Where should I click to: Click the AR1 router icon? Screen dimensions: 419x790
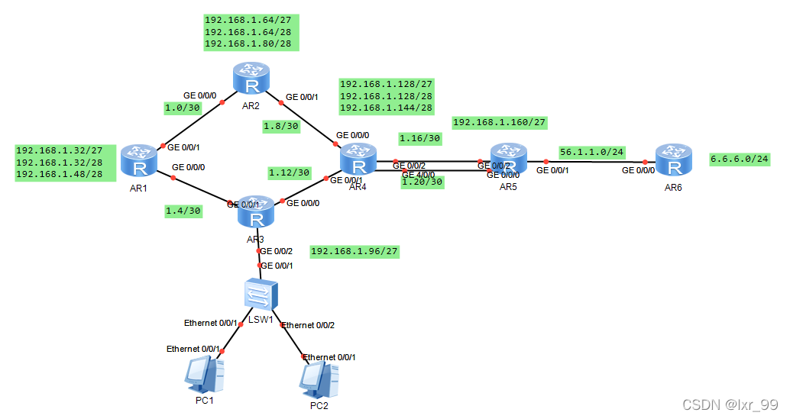click(x=138, y=159)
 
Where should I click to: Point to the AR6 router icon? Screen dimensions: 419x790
click(x=672, y=160)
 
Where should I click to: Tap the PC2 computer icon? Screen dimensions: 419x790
click(x=319, y=377)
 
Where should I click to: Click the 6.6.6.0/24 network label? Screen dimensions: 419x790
click(x=740, y=160)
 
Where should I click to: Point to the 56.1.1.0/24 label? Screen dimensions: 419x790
click(x=591, y=152)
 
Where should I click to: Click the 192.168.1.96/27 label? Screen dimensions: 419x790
click(x=355, y=251)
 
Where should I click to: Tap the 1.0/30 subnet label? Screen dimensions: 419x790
click(x=183, y=109)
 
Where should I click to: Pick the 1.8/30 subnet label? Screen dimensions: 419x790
click(x=280, y=125)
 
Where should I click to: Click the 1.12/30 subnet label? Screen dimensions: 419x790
click(x=289, y=172)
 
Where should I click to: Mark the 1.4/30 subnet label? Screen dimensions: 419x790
click(x=183, y=210)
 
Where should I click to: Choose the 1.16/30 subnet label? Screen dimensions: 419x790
click(x=419, y=138)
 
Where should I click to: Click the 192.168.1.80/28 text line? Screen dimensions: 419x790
click(x=251, y=44)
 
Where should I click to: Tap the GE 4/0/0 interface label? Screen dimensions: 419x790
click(x=418, y=175)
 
